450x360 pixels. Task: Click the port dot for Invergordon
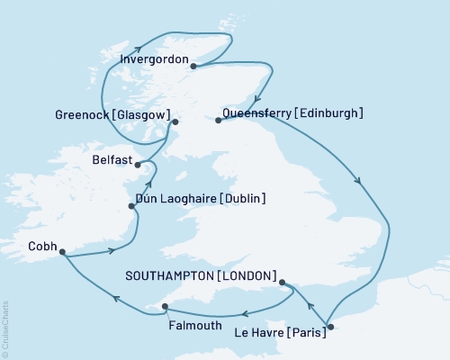tap(193, 64)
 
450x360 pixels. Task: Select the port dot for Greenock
tap(175, 121)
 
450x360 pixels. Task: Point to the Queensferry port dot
tap(219, 120)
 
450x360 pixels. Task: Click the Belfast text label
tap(112, 157)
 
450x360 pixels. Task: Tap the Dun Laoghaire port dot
tap(133, 206)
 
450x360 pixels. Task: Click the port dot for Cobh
tap(62, 253)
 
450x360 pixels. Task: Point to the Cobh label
tap(40, 244)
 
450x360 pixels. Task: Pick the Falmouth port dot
tap(165, 308)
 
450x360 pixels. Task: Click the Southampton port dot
tap(283, 283)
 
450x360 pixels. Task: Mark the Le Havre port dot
tap(330, 326)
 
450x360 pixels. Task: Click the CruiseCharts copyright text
tap(5, 326)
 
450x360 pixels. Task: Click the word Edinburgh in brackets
tap(329, 113)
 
